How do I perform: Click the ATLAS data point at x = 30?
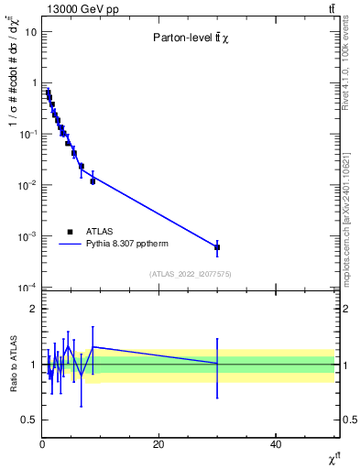pyautogui.click(x=217, y=247)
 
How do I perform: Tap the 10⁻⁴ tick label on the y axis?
pyautogui.click(x=27, y=288)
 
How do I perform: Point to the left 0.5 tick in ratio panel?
pyautogui.click(x=28, y=420)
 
